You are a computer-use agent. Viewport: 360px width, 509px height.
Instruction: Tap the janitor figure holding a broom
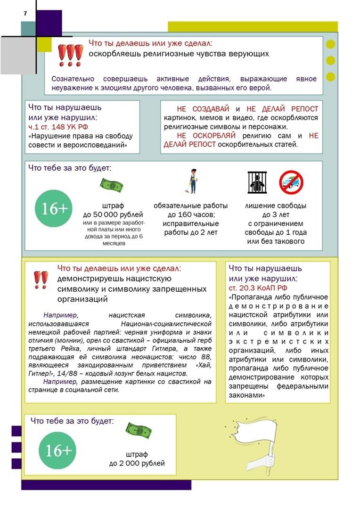tap(193, 181)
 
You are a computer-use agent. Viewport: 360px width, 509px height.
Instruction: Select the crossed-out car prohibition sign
tap(291, 182)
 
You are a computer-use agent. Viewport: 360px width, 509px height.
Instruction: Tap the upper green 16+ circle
tap(55, 208)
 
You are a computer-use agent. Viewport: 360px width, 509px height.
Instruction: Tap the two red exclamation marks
tap(41, 279)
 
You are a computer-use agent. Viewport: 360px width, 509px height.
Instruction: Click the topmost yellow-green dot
tap(330, 45)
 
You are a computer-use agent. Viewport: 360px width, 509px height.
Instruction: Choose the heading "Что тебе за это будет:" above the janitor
tap(72, 168)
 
